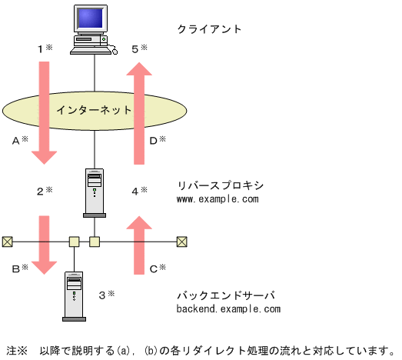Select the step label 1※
pyautogui.click(x=45, y=48)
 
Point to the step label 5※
pyautogui.click(x=139, y=48)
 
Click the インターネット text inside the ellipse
pyautogui.click(x=94, y=109)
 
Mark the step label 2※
pyautogui.click(x=45, y=190)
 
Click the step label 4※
pyautogui.click(x=139, y=190)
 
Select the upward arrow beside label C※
pyautogui.click(x=140, y=245)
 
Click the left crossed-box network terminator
pyautogui.click(x=7, y=242)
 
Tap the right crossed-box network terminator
pyautogui.click(x=181, y=242)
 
